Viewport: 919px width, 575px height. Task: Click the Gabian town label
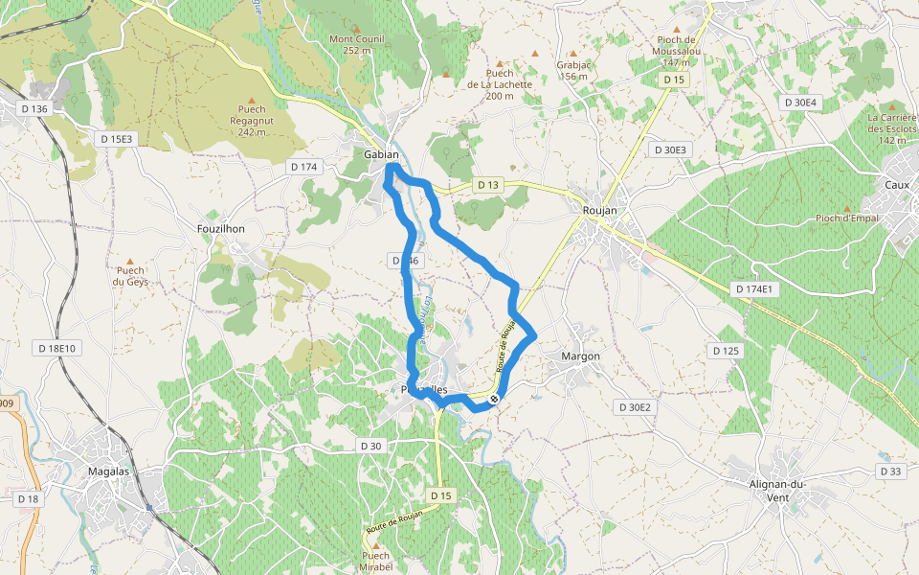381,154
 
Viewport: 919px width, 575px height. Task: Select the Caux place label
897,183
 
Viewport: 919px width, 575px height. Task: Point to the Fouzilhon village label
220,230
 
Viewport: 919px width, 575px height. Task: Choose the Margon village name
580,356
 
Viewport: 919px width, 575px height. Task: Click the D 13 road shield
487,185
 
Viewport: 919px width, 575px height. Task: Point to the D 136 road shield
34,109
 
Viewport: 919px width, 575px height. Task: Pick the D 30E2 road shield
634,407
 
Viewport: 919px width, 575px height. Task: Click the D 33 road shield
889,471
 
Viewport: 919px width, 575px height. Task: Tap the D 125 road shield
726,351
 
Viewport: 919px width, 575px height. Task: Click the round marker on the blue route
494,399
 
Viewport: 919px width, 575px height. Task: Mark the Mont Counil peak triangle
356,29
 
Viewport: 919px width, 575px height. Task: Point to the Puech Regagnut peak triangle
252,99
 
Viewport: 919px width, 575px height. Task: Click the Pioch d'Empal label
846,218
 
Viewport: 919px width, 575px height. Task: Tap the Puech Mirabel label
376,561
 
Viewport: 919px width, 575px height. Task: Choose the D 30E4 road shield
800,103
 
